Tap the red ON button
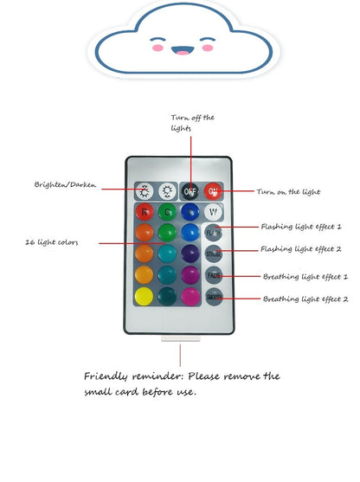coord(213,191)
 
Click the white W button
coord(213,212)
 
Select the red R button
coord(145,212)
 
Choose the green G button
coord(167,212)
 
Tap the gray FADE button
coord(214,275)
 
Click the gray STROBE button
coord(214,254)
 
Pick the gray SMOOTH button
coord(214,297)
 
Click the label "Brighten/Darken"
coord(65,184)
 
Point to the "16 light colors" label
coord(52,242)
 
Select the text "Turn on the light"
coord(288,192)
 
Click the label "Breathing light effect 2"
coord(305,299)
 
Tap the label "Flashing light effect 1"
coord(301,227)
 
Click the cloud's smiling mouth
coord(183,50)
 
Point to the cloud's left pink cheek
coord(157,48)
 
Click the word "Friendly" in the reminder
coord(106,376)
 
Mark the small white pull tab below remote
coord(181,338)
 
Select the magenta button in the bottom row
coord(190,297)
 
